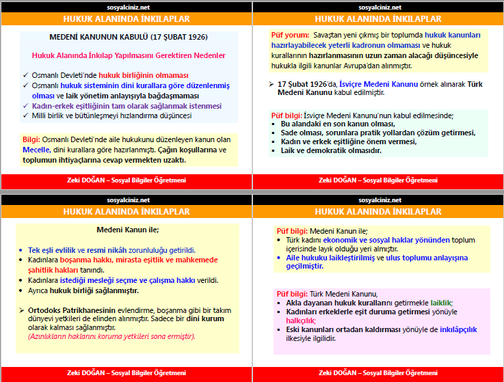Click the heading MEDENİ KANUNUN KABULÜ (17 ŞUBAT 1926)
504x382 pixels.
(129, 36)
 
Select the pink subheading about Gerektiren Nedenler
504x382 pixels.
(129, 55)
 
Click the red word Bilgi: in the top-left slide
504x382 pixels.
(31, 139)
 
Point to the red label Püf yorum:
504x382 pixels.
(290, 35)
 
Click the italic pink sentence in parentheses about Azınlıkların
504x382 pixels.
(111, 336)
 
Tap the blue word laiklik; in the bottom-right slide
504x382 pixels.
(438, 303)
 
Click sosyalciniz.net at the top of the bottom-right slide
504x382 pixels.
(378, 200)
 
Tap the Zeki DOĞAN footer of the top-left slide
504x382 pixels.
(127, 180)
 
